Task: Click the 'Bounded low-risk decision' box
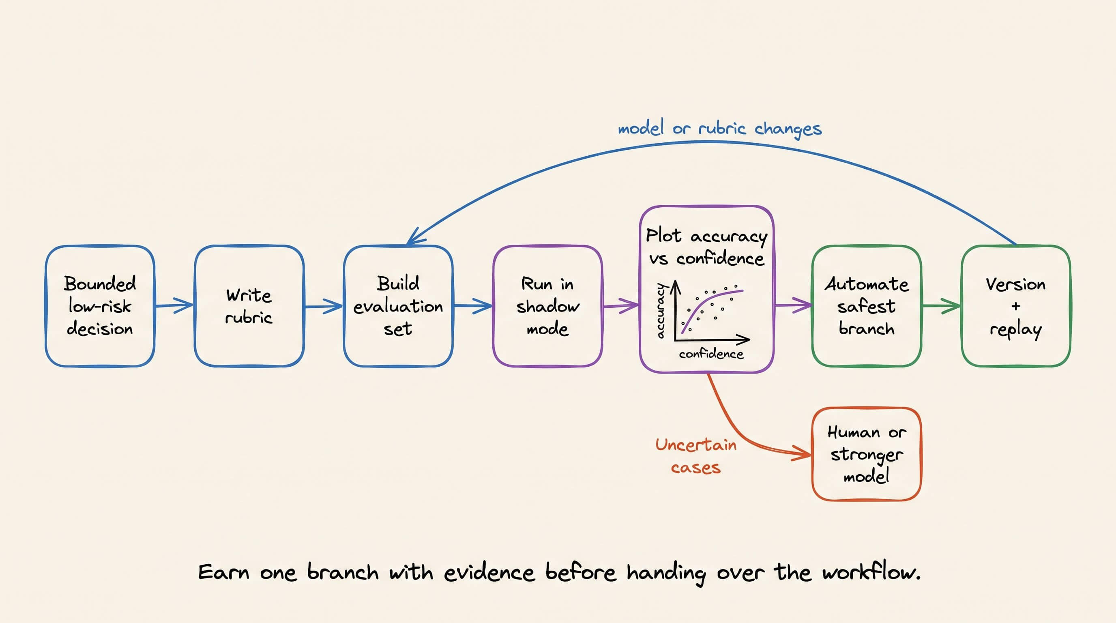[100, 306]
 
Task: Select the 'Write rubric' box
[249, 306]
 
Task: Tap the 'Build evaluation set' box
[398, 306]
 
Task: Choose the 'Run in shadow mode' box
[547, 306]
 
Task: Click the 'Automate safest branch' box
[867, 306]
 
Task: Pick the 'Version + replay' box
[1016, 306]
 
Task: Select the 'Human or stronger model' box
[867, 454]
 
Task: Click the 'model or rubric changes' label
[719, 128]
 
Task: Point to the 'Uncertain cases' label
[696, 456]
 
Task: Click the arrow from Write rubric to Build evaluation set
[324, 306]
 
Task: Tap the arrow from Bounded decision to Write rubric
[174, 305]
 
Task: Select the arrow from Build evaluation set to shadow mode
[473, 306]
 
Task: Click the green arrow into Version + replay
[941, 306]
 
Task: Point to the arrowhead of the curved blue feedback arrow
[415, 237]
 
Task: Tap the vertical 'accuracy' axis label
[660, 311]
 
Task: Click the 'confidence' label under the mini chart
[711, 354]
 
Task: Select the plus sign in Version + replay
[1016, 306]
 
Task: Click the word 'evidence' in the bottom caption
[489, 573]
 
